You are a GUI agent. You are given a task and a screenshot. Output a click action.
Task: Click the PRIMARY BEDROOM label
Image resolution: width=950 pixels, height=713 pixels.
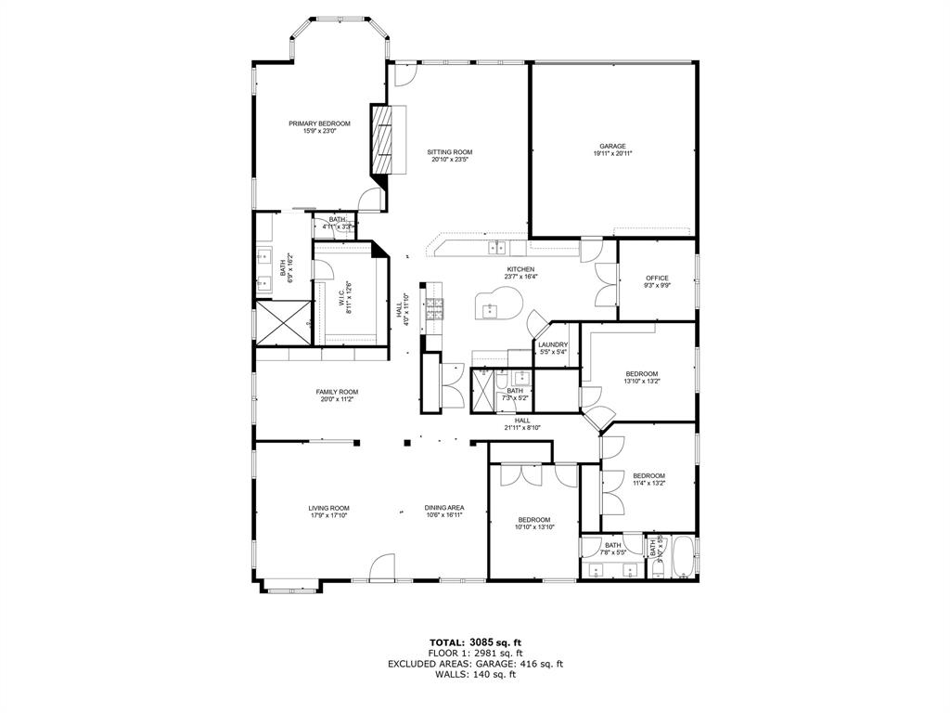point(319,123)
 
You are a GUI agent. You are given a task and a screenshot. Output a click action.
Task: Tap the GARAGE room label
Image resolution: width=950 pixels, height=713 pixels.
point(612,146)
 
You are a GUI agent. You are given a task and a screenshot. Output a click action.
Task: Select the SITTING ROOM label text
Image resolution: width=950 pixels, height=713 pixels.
point(450,151)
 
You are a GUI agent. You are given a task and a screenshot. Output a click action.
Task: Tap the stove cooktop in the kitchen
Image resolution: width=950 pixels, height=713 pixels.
point(433,311)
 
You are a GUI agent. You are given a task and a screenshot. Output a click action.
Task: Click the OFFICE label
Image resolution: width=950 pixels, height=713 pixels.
point(657,278)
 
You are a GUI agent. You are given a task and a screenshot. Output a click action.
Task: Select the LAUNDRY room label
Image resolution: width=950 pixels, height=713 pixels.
point(553,344)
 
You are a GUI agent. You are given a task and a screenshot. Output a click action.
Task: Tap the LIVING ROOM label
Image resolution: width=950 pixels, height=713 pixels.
point(328,508)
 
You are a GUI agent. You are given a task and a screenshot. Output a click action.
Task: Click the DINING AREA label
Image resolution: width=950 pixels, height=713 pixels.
point(444,508)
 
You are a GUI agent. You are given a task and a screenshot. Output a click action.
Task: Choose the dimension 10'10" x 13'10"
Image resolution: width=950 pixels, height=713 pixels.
point(534,527)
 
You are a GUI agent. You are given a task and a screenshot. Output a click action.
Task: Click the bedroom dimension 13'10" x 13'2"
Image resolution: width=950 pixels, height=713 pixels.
point(641,381)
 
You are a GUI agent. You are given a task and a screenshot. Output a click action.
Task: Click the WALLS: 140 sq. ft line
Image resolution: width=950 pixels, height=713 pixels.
point(475,674)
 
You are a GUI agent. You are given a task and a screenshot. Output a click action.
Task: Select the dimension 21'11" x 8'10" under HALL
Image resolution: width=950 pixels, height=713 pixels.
point(521,427)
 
